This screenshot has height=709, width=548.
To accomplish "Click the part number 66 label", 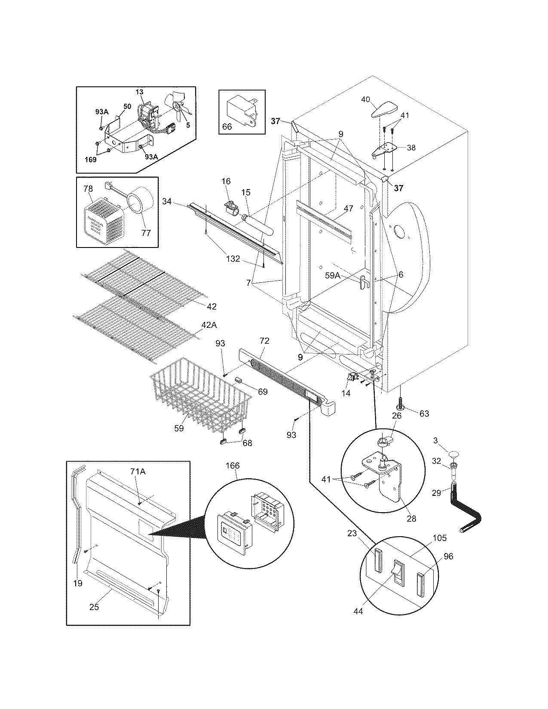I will tap(227, 126).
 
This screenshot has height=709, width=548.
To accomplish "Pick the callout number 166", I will tap(233, 465).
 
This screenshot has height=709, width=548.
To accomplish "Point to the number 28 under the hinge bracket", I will tap(411, 519).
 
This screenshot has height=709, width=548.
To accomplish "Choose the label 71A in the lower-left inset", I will tap(138, 472).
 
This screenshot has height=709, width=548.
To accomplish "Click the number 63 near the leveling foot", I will tap(424, 413).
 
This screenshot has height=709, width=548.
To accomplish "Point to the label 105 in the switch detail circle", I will tap(440, 538).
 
